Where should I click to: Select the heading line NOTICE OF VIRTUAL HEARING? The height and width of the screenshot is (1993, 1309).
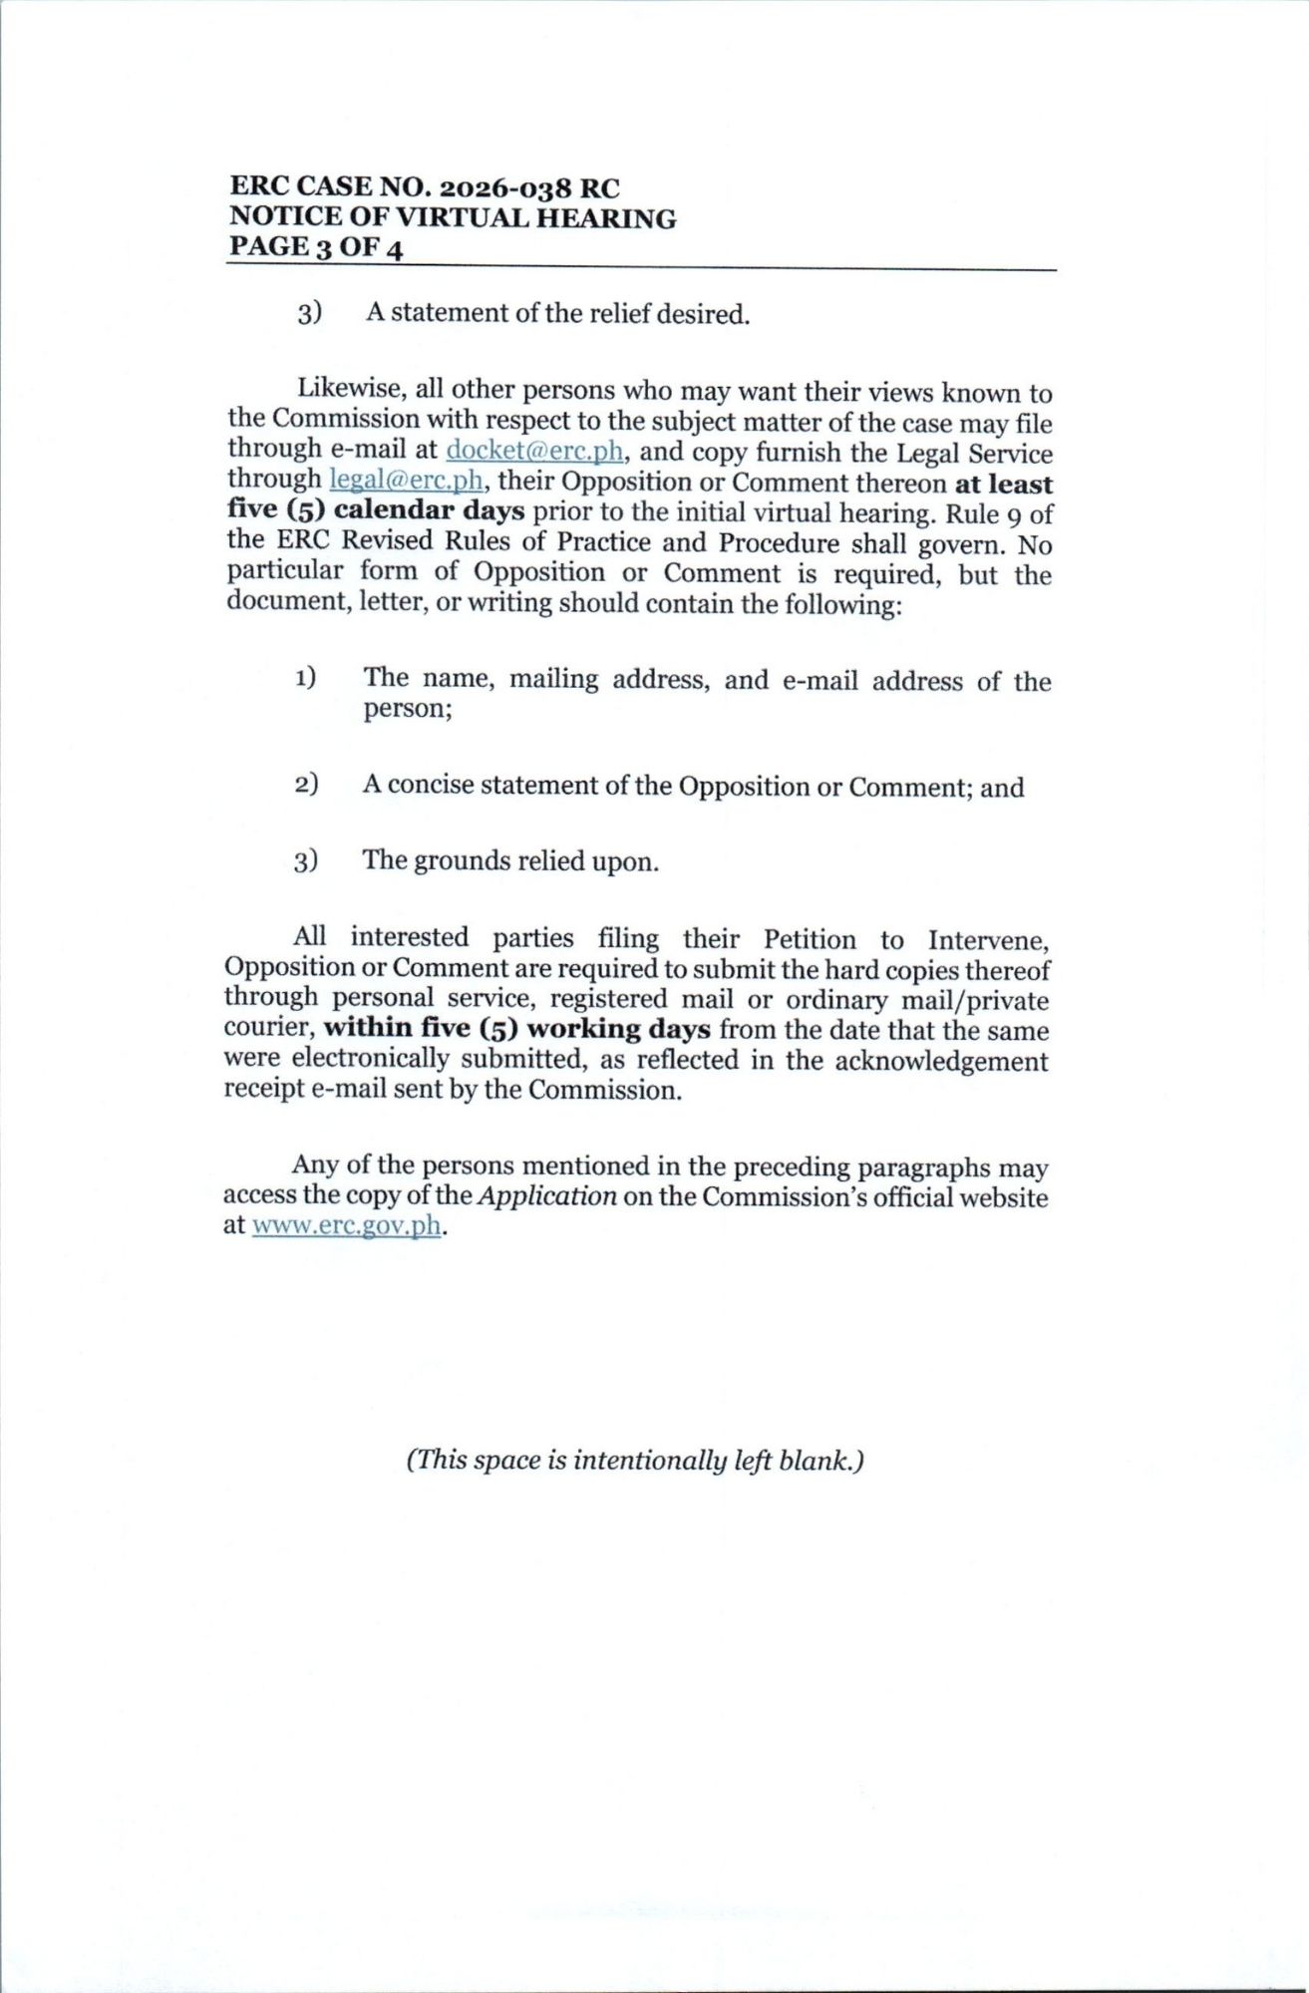coord(453,218)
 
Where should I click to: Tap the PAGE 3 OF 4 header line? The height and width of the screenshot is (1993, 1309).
coord(316,247)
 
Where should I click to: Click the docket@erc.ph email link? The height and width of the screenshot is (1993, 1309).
coord(535,451)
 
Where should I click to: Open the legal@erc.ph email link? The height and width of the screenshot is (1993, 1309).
coord(407,481)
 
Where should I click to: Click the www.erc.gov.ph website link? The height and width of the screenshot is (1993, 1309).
coord(346,1225)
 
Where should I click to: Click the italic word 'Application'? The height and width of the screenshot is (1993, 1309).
coord(546,1196)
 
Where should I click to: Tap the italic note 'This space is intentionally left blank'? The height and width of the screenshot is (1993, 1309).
coord(634,1461)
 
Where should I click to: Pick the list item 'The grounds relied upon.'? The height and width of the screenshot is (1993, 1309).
coord(510,860)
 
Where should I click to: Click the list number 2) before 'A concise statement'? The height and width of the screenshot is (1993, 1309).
coord(306,785)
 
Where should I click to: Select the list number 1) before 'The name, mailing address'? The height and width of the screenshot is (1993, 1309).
coord(305,679)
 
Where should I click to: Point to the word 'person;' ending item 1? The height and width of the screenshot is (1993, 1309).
coord(408,709)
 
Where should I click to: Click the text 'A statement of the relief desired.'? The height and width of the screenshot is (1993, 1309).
coord(557,314)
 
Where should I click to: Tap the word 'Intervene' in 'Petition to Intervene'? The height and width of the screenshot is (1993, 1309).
coord(987,940)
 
